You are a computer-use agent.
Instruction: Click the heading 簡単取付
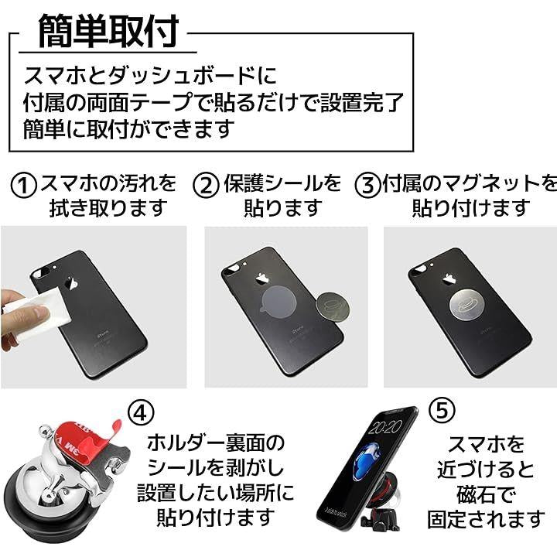point(108,32)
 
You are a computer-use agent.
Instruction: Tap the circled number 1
point(23,186)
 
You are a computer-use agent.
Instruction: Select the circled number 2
point(206,186)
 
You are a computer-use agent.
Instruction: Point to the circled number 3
point(367,186)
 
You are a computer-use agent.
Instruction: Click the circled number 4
point(141,412)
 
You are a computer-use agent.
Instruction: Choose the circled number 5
point(442,410)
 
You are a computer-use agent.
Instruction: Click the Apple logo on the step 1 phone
point(73,283)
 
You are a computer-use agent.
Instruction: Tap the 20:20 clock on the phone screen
point(384,428)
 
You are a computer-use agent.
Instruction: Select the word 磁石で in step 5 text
point(485,494)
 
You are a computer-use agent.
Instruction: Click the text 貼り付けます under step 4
point(216,518)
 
